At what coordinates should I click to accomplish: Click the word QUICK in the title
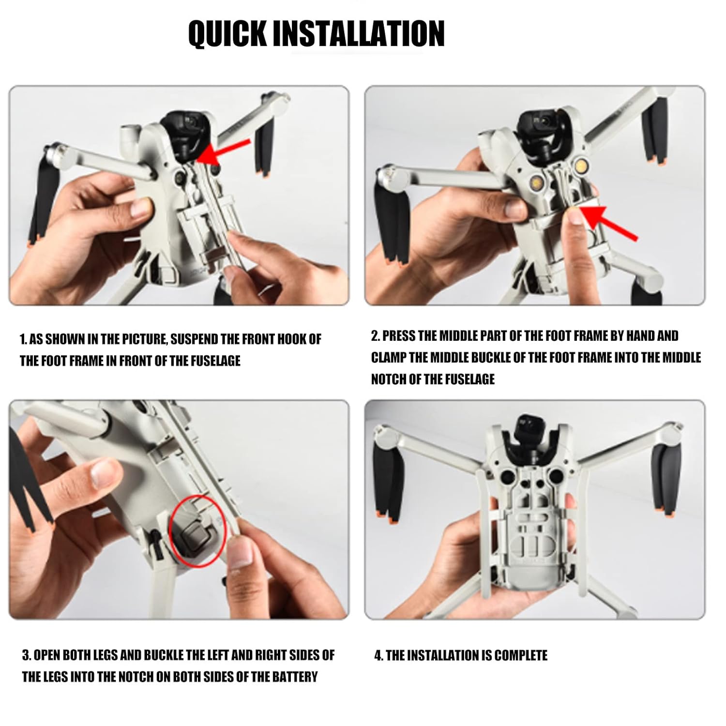click(x=227, y=33)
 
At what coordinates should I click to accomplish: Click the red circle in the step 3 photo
click(x=198, y=531)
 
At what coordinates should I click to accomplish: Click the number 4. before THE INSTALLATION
click(x=378, y=655)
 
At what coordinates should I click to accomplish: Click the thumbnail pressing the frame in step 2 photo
click(x=575, y=213)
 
